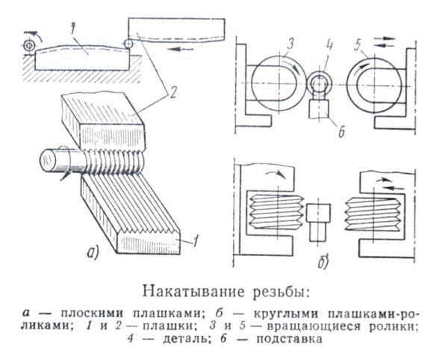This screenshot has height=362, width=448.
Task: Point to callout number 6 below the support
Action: tap(340, 131)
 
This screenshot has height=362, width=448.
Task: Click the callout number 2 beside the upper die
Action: tap(172, 93)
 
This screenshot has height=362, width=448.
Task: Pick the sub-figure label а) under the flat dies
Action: tap(93, 253)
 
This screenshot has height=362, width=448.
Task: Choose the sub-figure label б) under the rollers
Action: tap(323, 262)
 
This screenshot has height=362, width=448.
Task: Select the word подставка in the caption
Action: tap(290, 339)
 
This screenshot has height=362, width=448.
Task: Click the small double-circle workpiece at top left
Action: tap(28, 46)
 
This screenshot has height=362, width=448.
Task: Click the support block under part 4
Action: tap(319, 108)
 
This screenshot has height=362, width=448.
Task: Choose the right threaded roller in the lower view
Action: tap(373, 212)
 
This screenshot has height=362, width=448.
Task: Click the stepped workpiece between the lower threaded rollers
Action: tap(318, 222)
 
